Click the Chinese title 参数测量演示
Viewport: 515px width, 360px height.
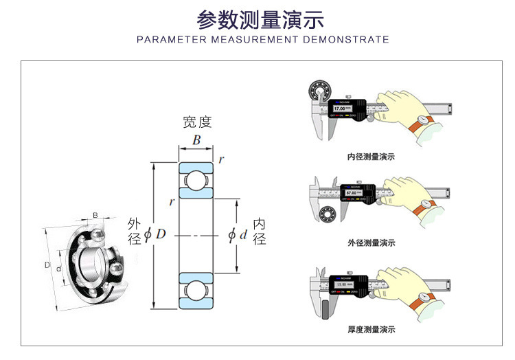coord(260,19)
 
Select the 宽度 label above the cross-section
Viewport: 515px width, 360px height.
coord(197,123)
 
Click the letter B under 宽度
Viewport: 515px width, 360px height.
coord(196,141)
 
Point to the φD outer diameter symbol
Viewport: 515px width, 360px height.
coord(155,234)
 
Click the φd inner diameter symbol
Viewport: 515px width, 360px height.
coord(237,235)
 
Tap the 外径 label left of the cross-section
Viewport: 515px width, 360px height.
coord(134,232)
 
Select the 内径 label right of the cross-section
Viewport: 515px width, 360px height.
coord(260,232)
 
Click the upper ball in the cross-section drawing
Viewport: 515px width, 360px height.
coord(196,179)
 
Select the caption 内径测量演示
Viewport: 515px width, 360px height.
coord(371,157)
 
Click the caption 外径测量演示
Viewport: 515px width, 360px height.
coord(371,243)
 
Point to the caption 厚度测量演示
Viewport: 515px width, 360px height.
coord(371,330)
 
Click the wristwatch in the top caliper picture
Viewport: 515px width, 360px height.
coord(424,121)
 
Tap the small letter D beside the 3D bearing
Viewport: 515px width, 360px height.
coord(47,265)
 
